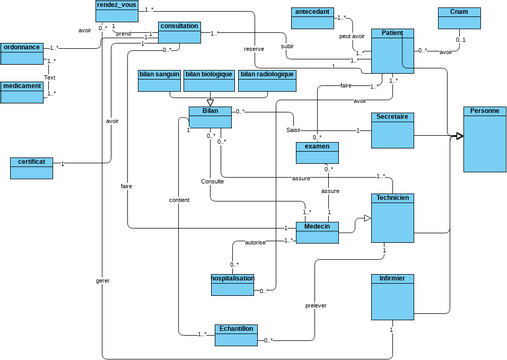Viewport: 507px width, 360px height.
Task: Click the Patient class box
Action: tap(392, 51)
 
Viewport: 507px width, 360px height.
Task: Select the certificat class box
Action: tap(31, 167)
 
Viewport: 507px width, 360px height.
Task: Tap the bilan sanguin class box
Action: tap(158, 81)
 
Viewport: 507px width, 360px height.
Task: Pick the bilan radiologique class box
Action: tap(267, 81)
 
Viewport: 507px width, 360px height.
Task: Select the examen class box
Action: tap(317, 152)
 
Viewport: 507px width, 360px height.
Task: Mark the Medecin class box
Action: tap(317, 233)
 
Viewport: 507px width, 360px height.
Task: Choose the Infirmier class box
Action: tap(392, 296)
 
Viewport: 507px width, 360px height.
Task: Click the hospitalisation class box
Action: tap(232, 284)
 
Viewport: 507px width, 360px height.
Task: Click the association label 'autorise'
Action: tap(255, 242)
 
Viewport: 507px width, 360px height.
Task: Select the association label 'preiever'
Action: tap(316, 305)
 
